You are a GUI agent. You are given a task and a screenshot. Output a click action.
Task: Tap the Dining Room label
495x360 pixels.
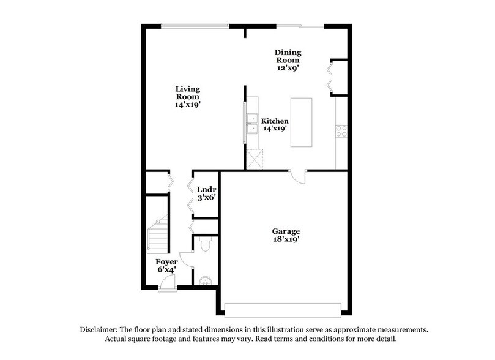coord(286,56)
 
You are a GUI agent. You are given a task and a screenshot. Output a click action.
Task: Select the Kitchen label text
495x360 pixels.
coord(275,121)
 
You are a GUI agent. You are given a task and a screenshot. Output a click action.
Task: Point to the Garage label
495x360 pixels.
coord(286,231)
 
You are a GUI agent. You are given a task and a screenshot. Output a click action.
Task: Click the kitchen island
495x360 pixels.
coord(300,122)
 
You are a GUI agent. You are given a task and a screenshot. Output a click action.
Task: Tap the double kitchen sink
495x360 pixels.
coord(251,122)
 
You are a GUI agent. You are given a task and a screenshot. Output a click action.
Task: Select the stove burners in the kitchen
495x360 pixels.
coord(341,130)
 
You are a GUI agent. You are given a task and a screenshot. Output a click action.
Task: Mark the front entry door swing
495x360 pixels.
coord(167,282)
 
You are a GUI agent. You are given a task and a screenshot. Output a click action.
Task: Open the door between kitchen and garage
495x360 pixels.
coord(297,176)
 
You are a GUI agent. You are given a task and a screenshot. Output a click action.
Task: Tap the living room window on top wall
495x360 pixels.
coord(195,25)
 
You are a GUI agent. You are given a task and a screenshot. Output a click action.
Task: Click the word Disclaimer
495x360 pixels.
coord(101,329)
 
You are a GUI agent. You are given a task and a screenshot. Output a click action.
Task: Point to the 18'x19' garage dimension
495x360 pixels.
coord(286,240)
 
